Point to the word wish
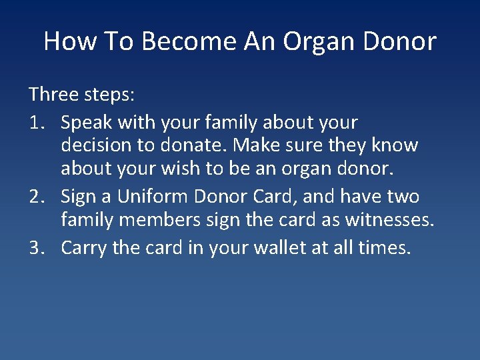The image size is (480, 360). coord(181,169)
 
